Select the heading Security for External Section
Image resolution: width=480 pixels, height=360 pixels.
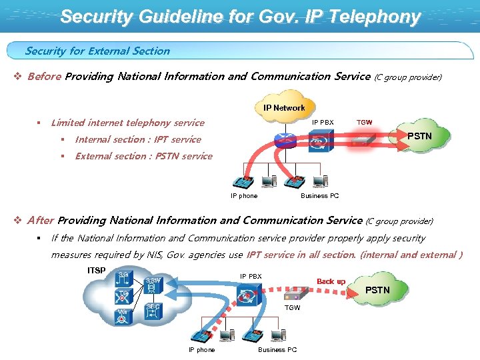(x=97, y=51)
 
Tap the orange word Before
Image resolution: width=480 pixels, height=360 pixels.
(x=45, y=76)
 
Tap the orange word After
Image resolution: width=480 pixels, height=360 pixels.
(x=41, y=220)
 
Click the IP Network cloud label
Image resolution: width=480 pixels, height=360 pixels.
(x=284, y=107)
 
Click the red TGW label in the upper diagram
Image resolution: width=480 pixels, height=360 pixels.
(x=365, y=123)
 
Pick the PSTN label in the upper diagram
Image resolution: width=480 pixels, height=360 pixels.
(x=420, y=136)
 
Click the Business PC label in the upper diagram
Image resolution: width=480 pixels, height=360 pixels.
(x=319, y=196)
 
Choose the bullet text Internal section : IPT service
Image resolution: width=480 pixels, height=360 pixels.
(x=138, y=139)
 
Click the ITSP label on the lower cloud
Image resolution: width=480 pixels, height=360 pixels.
(x=97, y=270)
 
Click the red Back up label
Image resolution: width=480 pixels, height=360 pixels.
(x=331, y=281)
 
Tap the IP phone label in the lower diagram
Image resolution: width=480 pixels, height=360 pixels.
(x=201, y=350)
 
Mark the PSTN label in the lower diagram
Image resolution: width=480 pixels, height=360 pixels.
(x=377, y=290)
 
